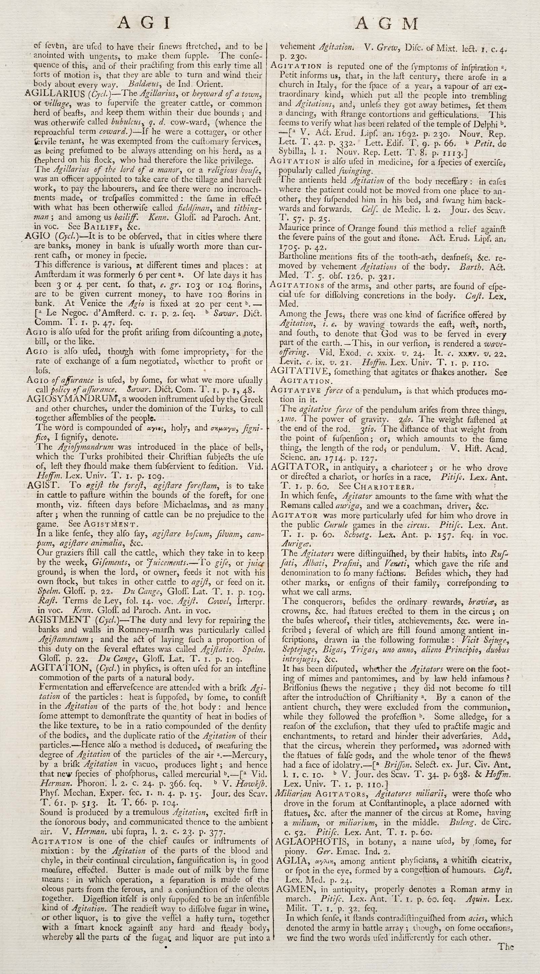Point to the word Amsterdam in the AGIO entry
point(52,275)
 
